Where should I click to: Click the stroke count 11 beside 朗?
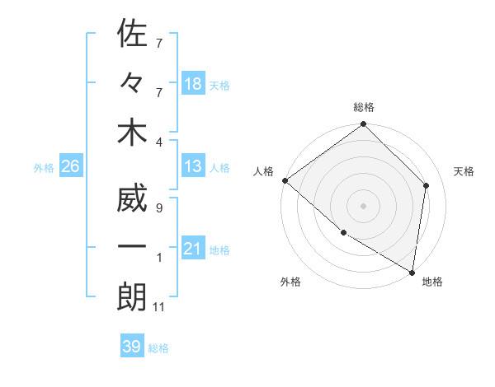click(161, 307)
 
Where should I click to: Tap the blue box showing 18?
click(193, 83)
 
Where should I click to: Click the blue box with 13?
click(193, 166)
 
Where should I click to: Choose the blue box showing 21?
click(193, 249)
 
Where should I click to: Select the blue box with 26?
click(70, 166)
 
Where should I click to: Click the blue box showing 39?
click(131, 347)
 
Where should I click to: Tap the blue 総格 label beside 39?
click(158, 348)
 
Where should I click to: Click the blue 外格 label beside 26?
click(44, 168)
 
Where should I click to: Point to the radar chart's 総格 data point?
click(363, 125)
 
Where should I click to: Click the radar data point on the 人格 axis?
click(285, 180)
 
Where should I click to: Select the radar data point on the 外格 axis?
click(343, 233)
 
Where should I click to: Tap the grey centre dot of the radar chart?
click(363, 205)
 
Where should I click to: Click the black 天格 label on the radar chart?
click(464, 171)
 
